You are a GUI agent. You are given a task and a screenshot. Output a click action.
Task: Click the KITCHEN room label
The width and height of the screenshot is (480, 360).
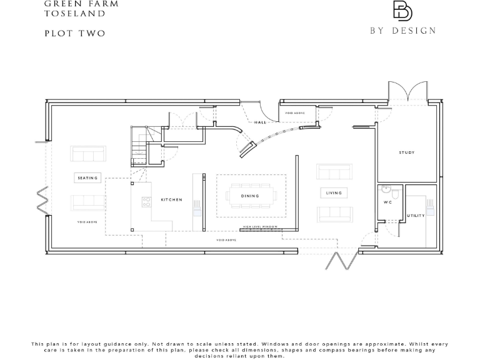[171, 199]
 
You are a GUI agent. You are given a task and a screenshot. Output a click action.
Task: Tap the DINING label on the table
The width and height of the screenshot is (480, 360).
[250, 196]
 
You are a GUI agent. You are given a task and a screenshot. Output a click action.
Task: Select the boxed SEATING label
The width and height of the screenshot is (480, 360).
[87, 178]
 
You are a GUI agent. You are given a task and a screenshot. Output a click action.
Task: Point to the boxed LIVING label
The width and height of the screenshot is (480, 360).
[334, 193]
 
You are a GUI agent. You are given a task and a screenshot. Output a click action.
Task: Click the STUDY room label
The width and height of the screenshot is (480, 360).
[407, 152]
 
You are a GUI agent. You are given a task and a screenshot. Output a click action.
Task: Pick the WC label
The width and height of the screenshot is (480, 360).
[387, 203]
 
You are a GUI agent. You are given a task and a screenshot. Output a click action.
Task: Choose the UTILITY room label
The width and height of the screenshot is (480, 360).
[416, 216]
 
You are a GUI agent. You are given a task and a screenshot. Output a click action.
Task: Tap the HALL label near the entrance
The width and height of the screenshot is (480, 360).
[260, 122]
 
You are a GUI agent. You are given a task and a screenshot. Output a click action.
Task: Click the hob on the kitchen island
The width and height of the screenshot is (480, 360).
[146, 201]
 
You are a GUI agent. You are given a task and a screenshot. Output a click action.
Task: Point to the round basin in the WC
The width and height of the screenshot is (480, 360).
[386, 189]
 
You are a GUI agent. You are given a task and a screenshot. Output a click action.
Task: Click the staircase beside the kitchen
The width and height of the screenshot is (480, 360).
[139, 147]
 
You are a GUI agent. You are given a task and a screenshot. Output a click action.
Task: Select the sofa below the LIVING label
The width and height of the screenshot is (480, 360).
[334, 214]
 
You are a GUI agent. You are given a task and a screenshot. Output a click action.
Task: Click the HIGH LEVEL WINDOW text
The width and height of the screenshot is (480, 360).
[260, 226]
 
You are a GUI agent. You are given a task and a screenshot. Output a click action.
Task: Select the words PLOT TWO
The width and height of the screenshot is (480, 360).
[75, 33]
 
